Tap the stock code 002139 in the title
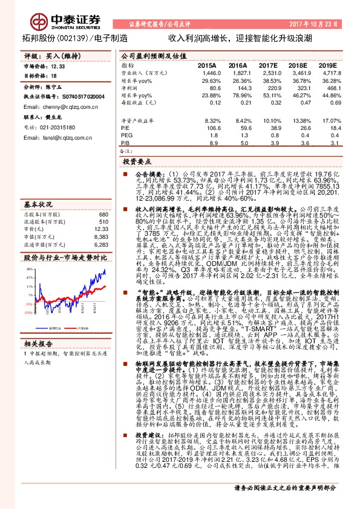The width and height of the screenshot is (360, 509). coord(71,37)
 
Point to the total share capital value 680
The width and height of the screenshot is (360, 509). coord(103,215)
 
